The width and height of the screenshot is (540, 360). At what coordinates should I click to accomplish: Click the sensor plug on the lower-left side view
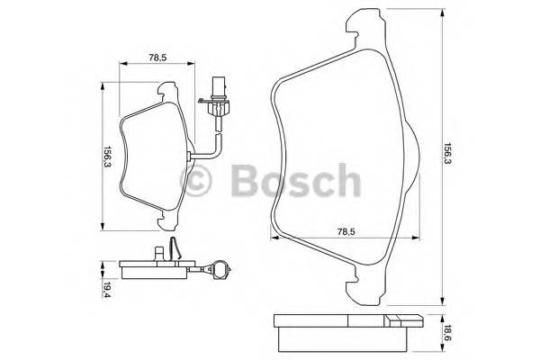(220, 267)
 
